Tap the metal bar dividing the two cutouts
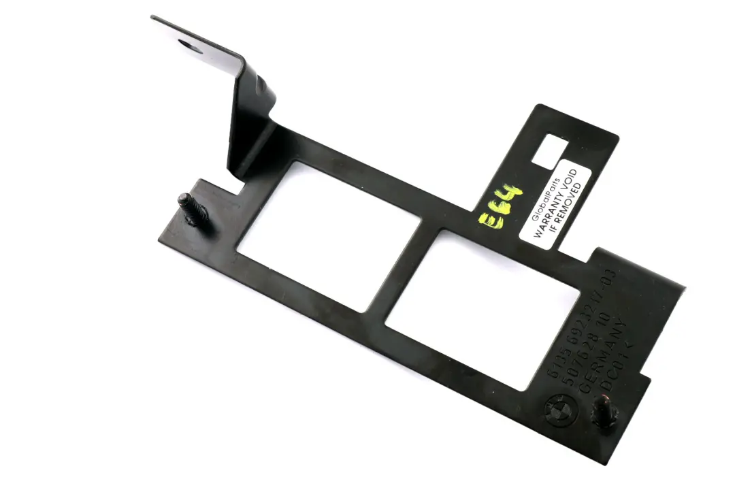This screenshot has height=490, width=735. [x=402, y=272]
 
